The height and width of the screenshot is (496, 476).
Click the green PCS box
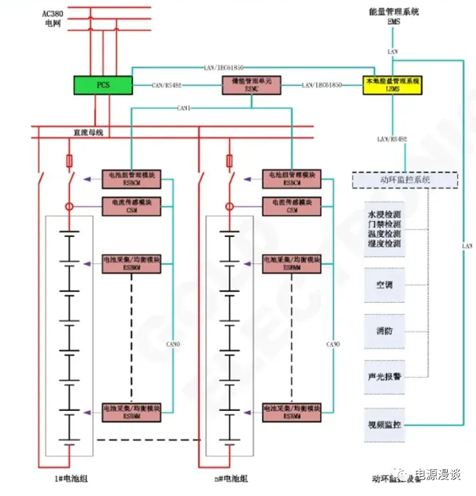point(103,84)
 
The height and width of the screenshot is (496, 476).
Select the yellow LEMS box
point(393,84)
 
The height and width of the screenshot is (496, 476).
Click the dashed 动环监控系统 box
point(405,180)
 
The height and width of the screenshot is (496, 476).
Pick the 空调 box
point(385,284)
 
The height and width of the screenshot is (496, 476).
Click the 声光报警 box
point(385,376)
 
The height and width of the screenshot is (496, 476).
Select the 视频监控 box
point(385,426)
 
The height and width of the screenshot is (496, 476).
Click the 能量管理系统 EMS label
point(394,16)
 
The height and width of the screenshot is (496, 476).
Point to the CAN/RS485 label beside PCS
point(167,85)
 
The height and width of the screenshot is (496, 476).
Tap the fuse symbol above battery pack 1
point(69,161)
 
